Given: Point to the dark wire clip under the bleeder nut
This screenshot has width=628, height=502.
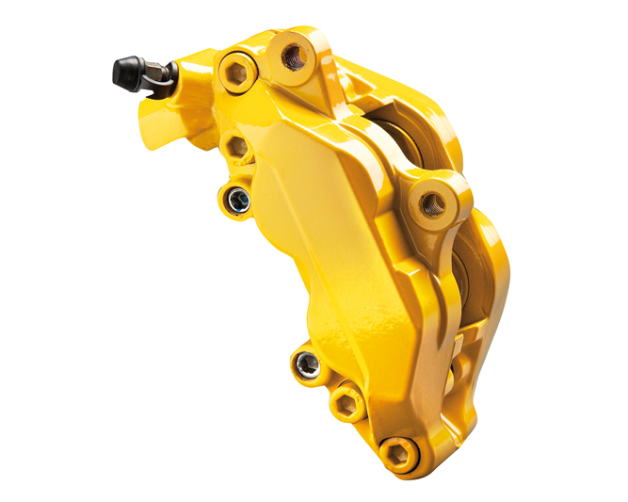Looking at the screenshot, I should (x=161, y=88).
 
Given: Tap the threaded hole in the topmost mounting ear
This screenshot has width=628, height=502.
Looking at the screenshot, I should (x=293, y=55).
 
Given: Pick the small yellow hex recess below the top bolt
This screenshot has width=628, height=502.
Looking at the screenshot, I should (x=238, y=147).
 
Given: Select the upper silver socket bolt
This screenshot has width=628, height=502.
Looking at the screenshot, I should (x=235, y=199).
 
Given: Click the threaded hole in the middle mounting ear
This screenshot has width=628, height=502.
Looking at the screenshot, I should (x=432, y=200).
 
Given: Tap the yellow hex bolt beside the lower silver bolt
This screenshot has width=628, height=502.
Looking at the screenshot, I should (x=348, y=402).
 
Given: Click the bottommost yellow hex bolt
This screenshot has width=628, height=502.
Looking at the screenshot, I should (x=399, y=454).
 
